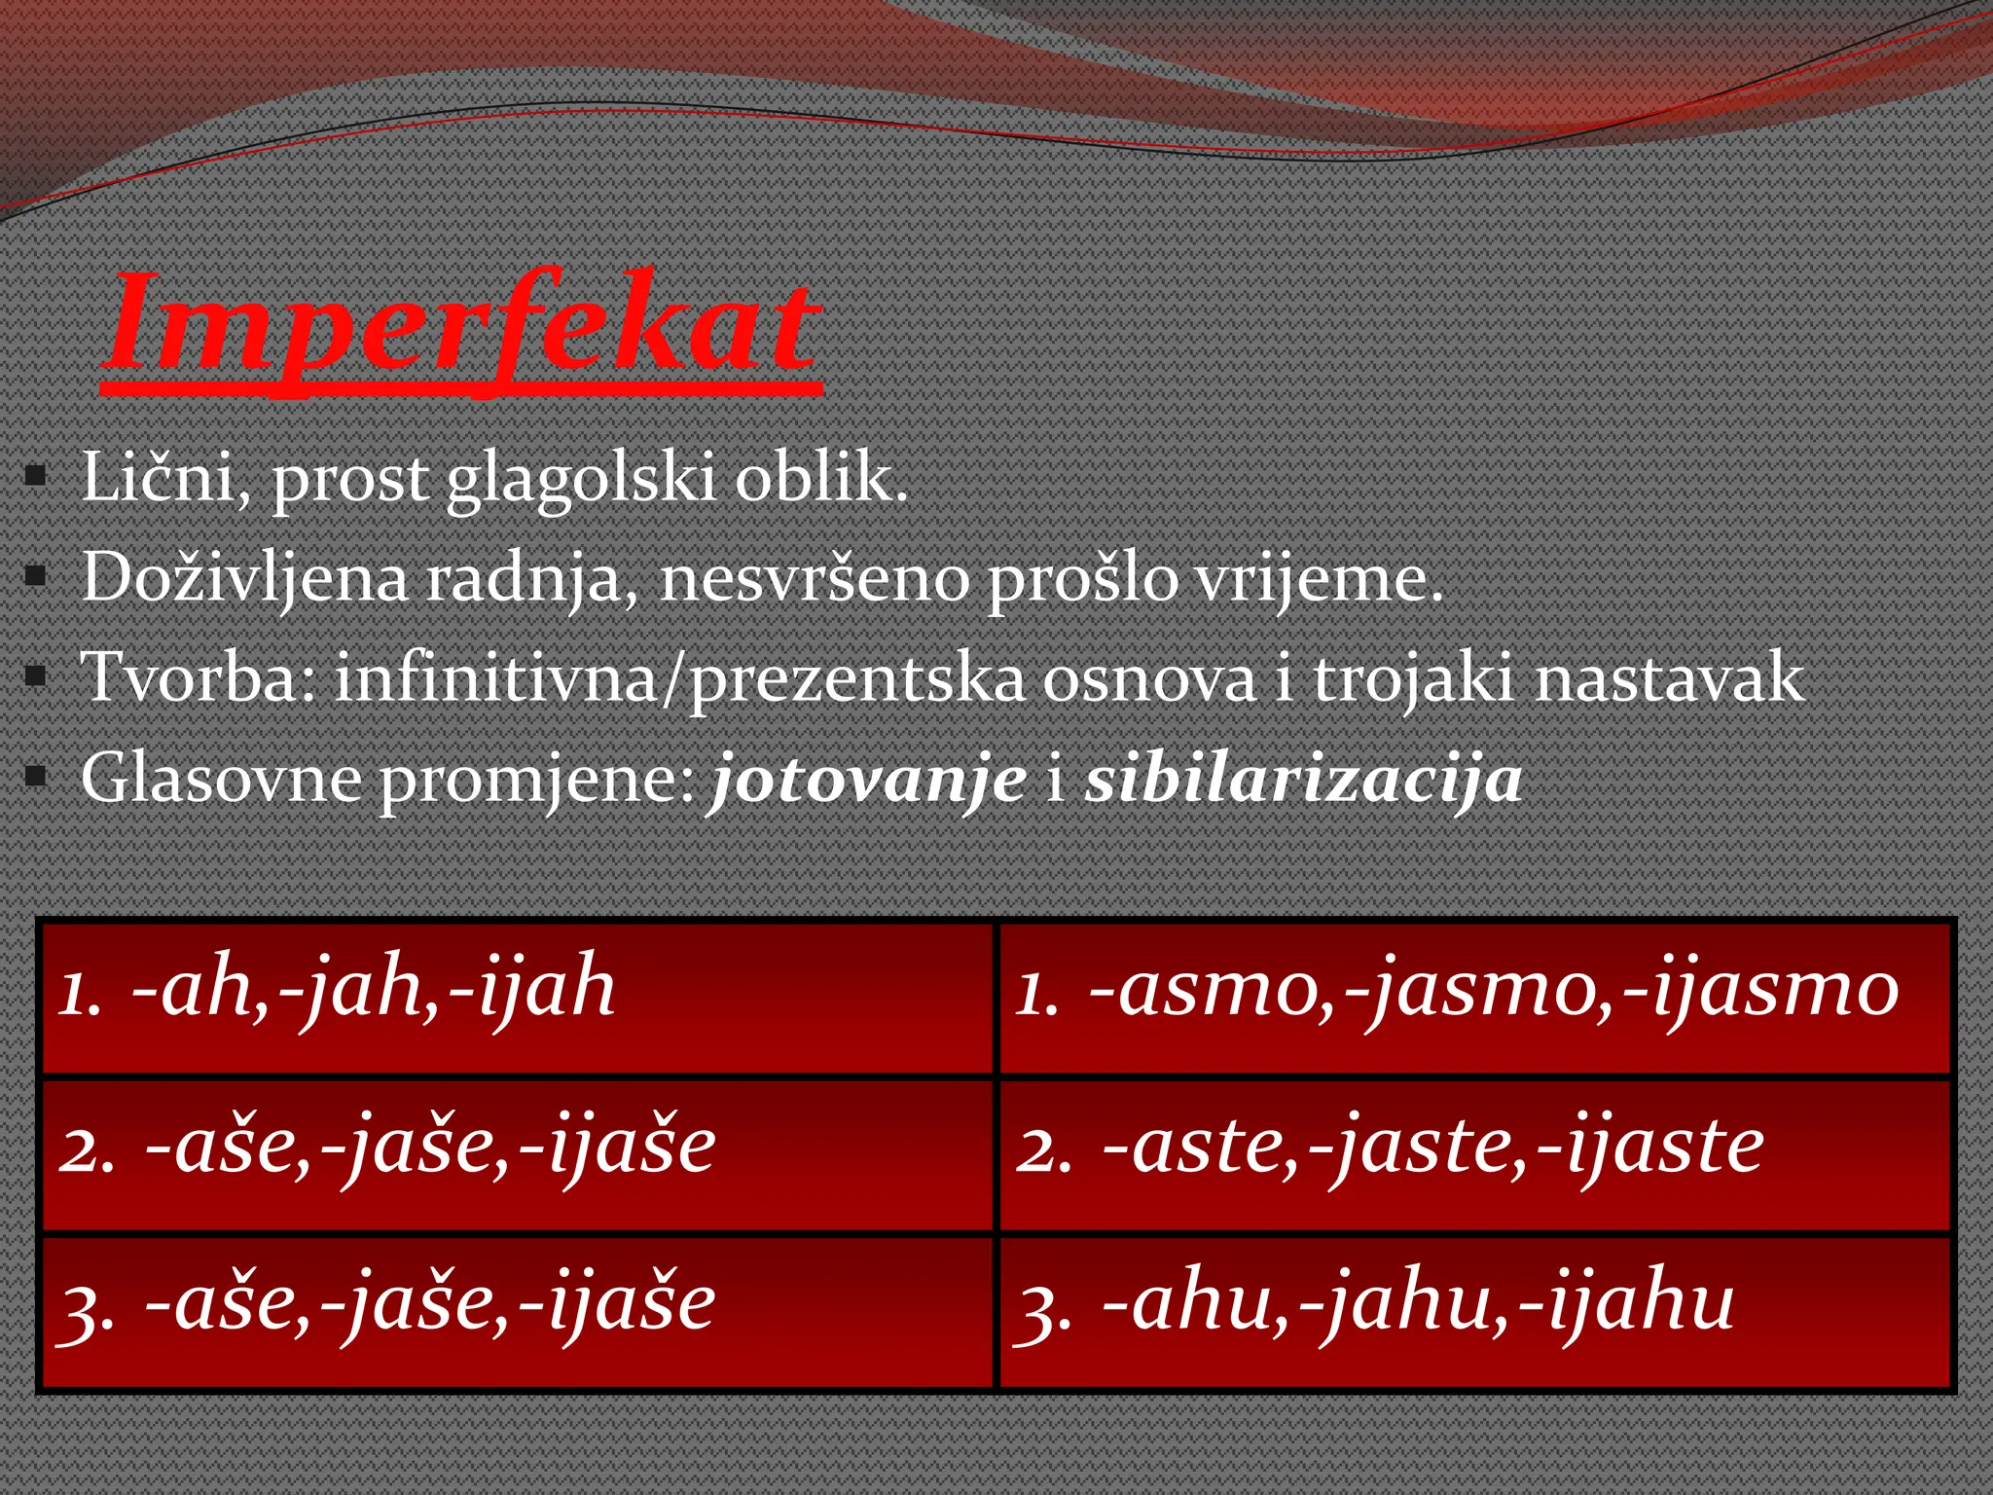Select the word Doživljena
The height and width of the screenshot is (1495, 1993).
click(x=244, y=578)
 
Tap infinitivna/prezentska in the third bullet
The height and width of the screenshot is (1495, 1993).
click(x=680, y=678)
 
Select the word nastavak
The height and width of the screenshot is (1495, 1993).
click(x=1670, y=677)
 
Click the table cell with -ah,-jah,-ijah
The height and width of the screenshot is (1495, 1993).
click(x=517, y=998)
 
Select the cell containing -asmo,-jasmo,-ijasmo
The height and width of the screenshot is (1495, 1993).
click(x=1475, y=998)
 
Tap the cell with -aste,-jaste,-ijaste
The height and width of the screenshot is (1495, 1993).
click(x=1475, y=1154)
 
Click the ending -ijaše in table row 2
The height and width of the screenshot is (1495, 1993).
click(x=618, y=1147)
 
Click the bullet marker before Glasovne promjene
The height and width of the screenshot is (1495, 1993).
click(x=36, y=777)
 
